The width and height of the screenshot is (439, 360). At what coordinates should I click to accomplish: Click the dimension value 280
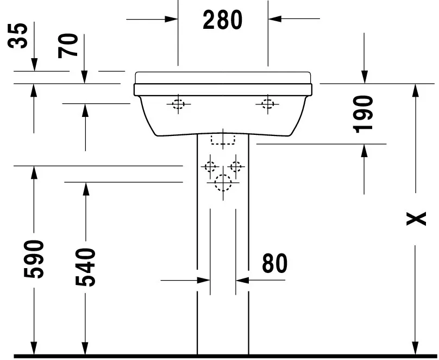(x=223, y=20)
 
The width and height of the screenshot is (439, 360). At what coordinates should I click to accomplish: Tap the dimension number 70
(x=70, y=45)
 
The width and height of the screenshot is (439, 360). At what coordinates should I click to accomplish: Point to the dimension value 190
(x=363, y=114)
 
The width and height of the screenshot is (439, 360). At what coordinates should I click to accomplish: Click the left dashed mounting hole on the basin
(x=178, y=104)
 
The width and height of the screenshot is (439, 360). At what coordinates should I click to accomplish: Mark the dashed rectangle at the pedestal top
(x=223, y=139)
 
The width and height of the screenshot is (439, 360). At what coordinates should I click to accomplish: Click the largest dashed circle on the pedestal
(x=223, y=183)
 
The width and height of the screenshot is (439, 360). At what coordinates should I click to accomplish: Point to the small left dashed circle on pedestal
(x=210, y=166)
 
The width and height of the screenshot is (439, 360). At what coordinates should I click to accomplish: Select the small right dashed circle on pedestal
(x=236, y=166)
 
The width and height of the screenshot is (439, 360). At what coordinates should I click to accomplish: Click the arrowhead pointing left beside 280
(x=274, y=19)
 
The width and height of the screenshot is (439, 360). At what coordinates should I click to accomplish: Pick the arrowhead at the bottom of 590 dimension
(x=34, y=348)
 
